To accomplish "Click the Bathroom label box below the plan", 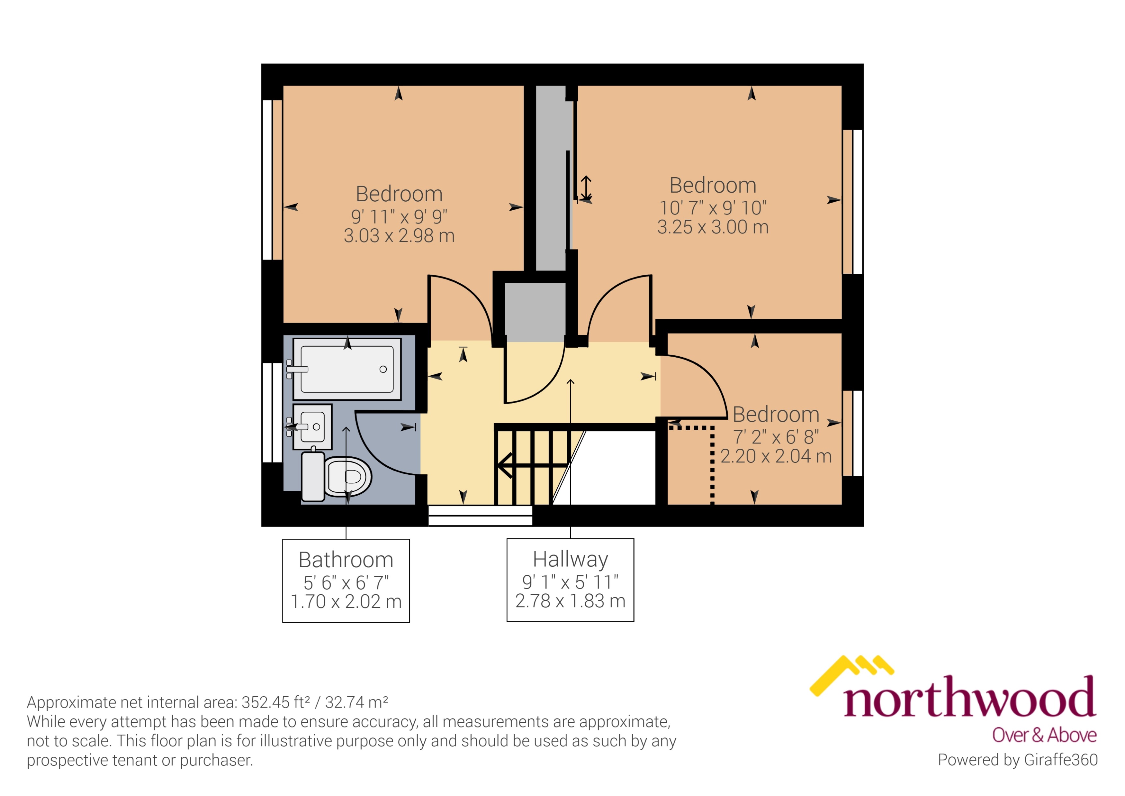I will point(346,581).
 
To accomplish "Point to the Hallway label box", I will point(570,580).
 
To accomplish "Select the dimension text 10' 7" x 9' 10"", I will point(713,208).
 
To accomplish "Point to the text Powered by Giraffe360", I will point(1017,760).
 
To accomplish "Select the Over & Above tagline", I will point(1044,735).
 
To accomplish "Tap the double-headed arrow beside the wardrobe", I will point(586,188).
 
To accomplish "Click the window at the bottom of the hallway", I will point(480,516).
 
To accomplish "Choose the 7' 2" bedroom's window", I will point(853,433).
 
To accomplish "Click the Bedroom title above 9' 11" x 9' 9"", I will point(399,194).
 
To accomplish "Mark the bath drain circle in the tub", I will point(383,369).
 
